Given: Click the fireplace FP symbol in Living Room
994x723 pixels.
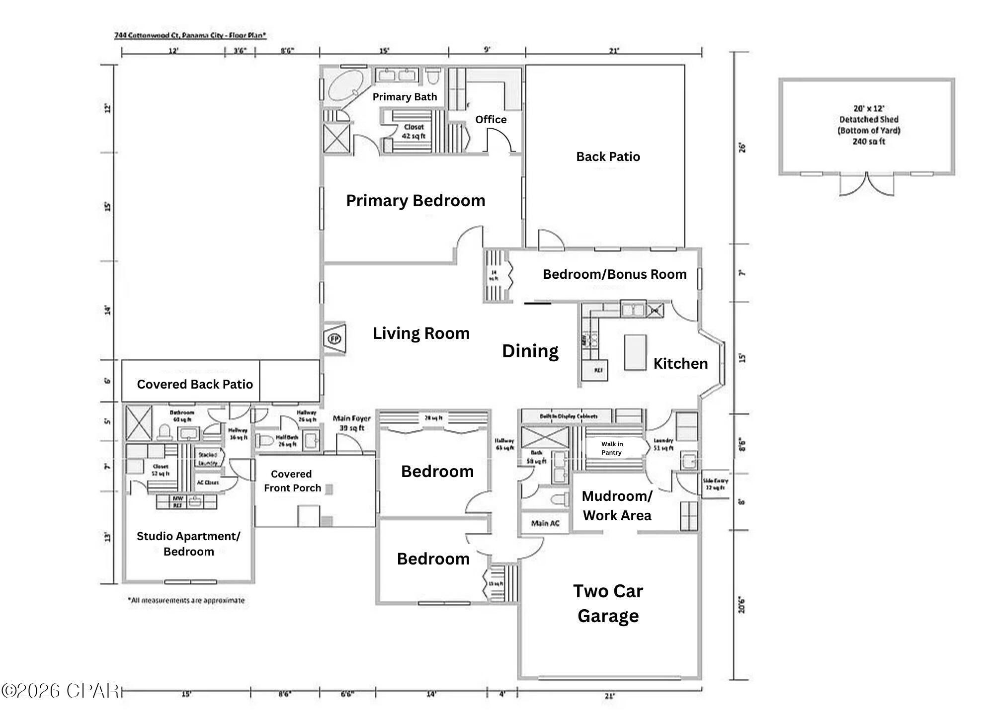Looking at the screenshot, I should (334, 339).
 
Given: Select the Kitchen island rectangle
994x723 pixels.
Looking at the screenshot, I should (635, 352).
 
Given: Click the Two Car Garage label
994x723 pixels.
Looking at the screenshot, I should (608, 603).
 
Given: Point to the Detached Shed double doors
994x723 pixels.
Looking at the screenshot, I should (867, 184).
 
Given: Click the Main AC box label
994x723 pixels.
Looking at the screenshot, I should (545, 523).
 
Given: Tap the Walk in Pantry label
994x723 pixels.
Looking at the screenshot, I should (611, 448).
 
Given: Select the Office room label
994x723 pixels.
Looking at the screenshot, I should (491, 120).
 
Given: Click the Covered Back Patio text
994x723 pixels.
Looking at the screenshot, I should (195, 384).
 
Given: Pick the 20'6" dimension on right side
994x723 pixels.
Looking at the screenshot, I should (742, 605).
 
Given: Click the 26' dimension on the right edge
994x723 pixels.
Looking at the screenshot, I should (742, 148).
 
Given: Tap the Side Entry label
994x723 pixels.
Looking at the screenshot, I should (715, 484).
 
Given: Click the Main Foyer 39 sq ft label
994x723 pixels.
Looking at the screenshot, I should (351, 423).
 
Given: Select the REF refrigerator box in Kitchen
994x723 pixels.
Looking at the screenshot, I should (598, 370).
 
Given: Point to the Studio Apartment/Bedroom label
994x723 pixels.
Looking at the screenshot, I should (188, 544).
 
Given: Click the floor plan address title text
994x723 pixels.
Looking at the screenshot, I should (190, 35).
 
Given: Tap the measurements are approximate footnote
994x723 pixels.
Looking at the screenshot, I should (186, 600).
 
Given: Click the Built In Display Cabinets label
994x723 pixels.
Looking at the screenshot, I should (569, 416).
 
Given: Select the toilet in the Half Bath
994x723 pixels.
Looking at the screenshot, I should (266, 441).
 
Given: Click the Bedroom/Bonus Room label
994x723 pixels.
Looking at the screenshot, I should (614, 274).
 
